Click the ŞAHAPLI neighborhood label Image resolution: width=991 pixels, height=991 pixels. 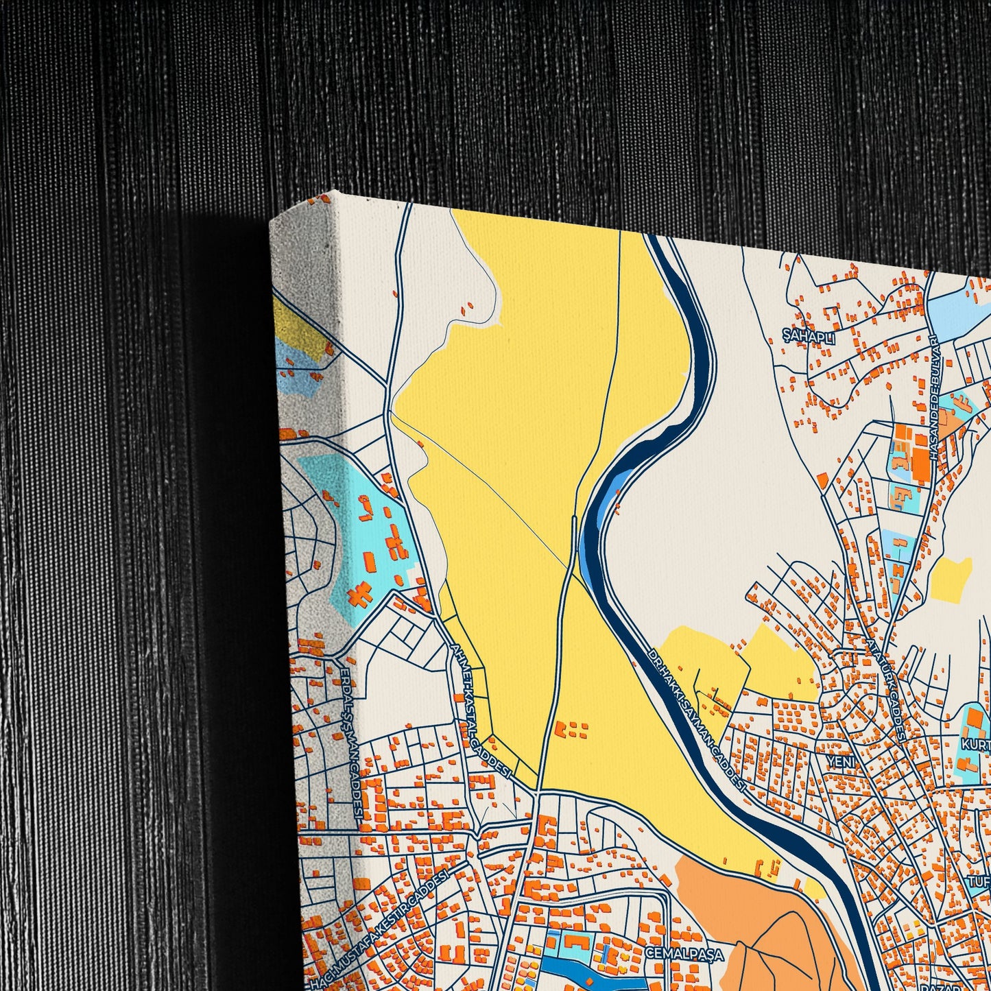click(810, 337)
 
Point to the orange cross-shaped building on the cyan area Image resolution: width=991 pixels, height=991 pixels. click(359, 594)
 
